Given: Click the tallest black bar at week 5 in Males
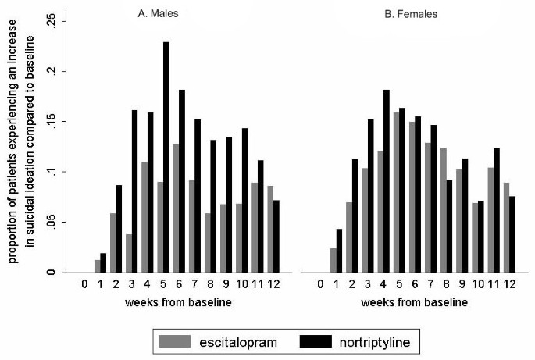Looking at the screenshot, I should [166, 157].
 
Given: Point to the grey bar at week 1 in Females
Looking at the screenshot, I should [333, 260].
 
